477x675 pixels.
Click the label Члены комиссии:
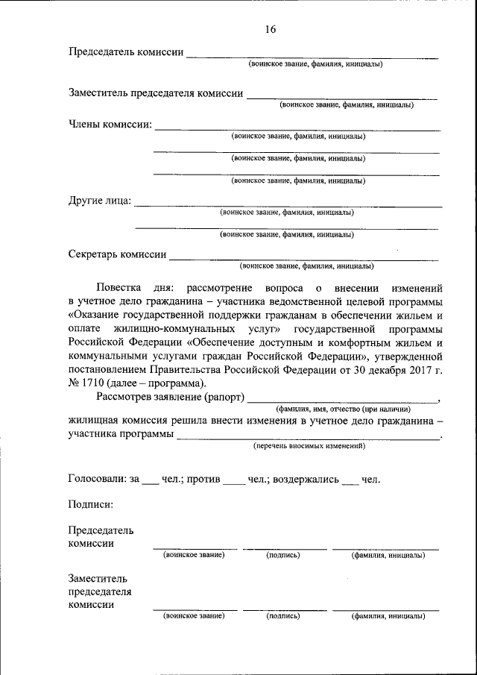pos(110,125)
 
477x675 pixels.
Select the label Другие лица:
pos(100,201)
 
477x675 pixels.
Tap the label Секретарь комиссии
pos(117,254)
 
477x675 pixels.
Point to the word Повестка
pos(120,287)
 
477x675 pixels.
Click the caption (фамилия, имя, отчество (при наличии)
pos(342,409)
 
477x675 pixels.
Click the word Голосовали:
pos(97,479)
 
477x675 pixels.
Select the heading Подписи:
pos(91,505)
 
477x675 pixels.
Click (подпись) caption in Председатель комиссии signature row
pos(282,555)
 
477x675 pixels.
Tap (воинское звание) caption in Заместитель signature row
pos(194,616)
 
